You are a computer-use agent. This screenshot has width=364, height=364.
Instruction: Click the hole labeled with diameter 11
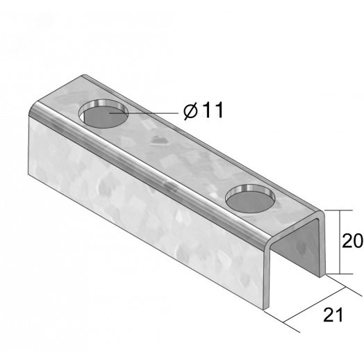pyautogui.click(x=104, y=114)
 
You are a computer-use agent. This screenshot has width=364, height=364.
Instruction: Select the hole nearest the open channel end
pyautogui.click(x=250, y=199)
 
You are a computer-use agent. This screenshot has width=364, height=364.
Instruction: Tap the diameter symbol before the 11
pyautogui.click(x=190, y=111)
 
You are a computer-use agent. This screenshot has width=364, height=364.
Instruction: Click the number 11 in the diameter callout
pyautogui.click(x=213, y=110)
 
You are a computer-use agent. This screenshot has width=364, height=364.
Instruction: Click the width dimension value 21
pyautogui.click(x=333, y=315)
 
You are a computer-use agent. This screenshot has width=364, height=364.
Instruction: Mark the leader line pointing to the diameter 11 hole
pyautogui.click(x=144, y=113)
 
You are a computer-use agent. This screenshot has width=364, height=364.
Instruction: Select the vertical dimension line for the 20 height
pyautogui.click(x=340, y=242)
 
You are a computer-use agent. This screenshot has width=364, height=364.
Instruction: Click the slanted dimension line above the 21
pyautogui.click(x=315, y=305)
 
